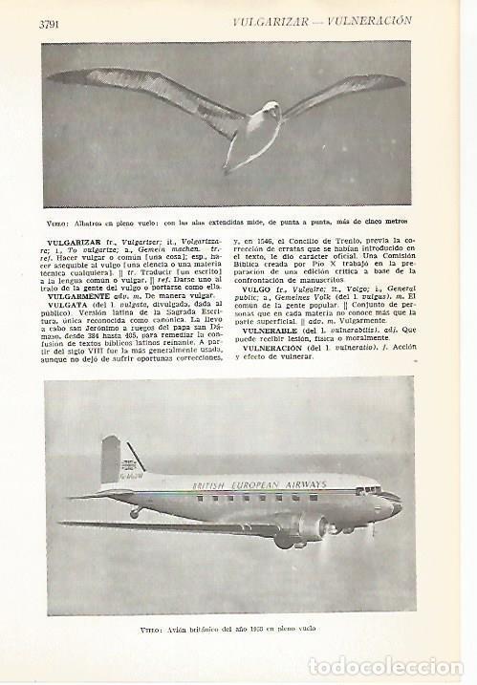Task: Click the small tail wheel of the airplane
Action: click(134, 514)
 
